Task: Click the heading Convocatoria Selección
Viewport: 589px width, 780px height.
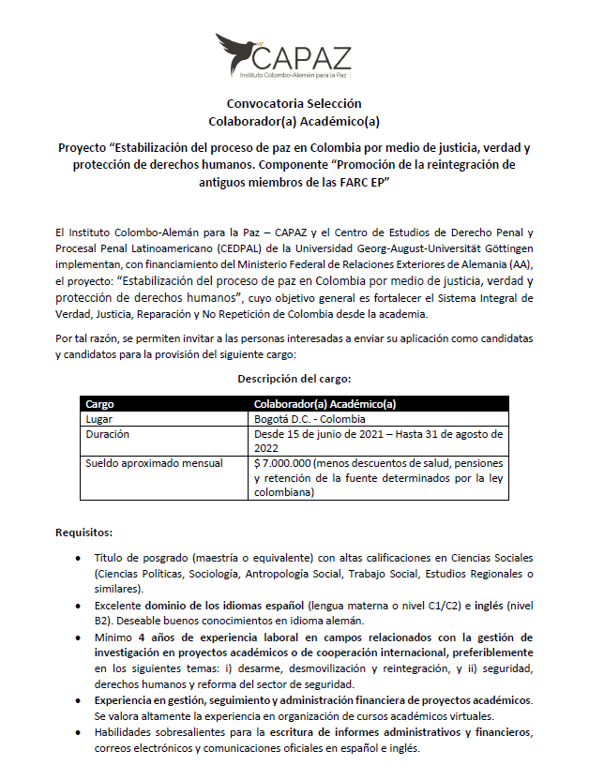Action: click(x=294, y=103)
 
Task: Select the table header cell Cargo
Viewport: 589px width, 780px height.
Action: click(x=100, y=404)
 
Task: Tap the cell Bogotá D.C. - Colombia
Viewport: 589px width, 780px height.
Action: click(x=310, y=419)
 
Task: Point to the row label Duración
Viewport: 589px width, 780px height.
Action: click(x=108, y=434)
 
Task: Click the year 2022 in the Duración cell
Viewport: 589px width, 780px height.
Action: click(x=268, y=448)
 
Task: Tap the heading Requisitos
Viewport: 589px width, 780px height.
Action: click(x=84, y=532)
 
